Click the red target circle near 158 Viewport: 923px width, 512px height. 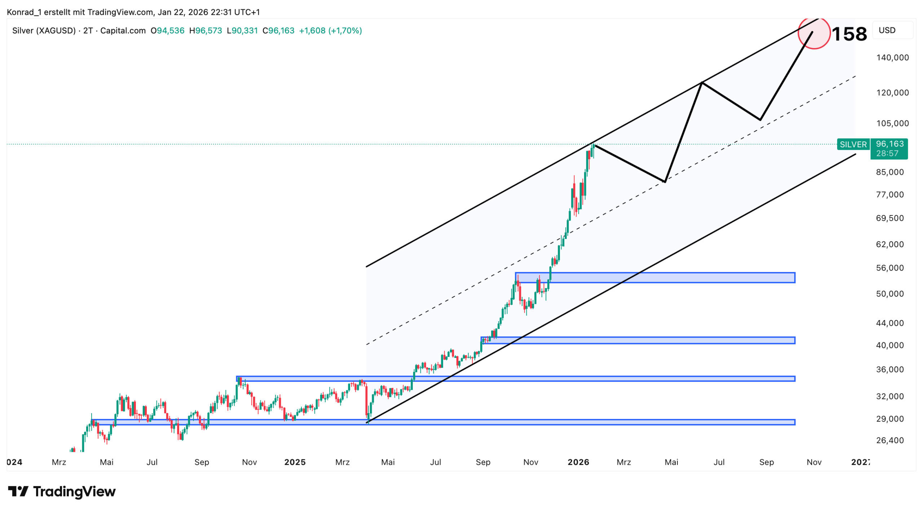(814, 33)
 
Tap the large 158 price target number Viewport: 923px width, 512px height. (849, 34)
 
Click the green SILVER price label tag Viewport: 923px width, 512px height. (853, 145)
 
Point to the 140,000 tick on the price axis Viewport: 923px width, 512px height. (892, 57)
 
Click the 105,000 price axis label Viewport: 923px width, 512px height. (892, 123)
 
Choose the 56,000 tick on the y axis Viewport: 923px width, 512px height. (890, 268)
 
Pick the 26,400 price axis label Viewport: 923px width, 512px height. (890, 441)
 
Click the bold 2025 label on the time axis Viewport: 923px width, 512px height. (295, 463)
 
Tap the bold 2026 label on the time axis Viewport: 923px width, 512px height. (578, 463)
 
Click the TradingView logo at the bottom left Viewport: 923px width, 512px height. (62, 491)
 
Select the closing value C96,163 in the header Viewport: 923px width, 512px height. (278, 31)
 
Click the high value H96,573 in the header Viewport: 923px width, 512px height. (206, 31)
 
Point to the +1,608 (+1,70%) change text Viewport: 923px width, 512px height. (330, 31)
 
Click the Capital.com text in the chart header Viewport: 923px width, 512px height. (123, 31)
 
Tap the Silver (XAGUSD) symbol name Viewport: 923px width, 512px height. (44, 31)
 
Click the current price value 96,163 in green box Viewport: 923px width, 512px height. (889, 144)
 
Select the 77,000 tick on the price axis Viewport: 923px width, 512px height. (890, 195)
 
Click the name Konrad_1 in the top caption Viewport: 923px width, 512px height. (24, 12)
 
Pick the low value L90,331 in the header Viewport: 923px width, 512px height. (242, 31)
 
